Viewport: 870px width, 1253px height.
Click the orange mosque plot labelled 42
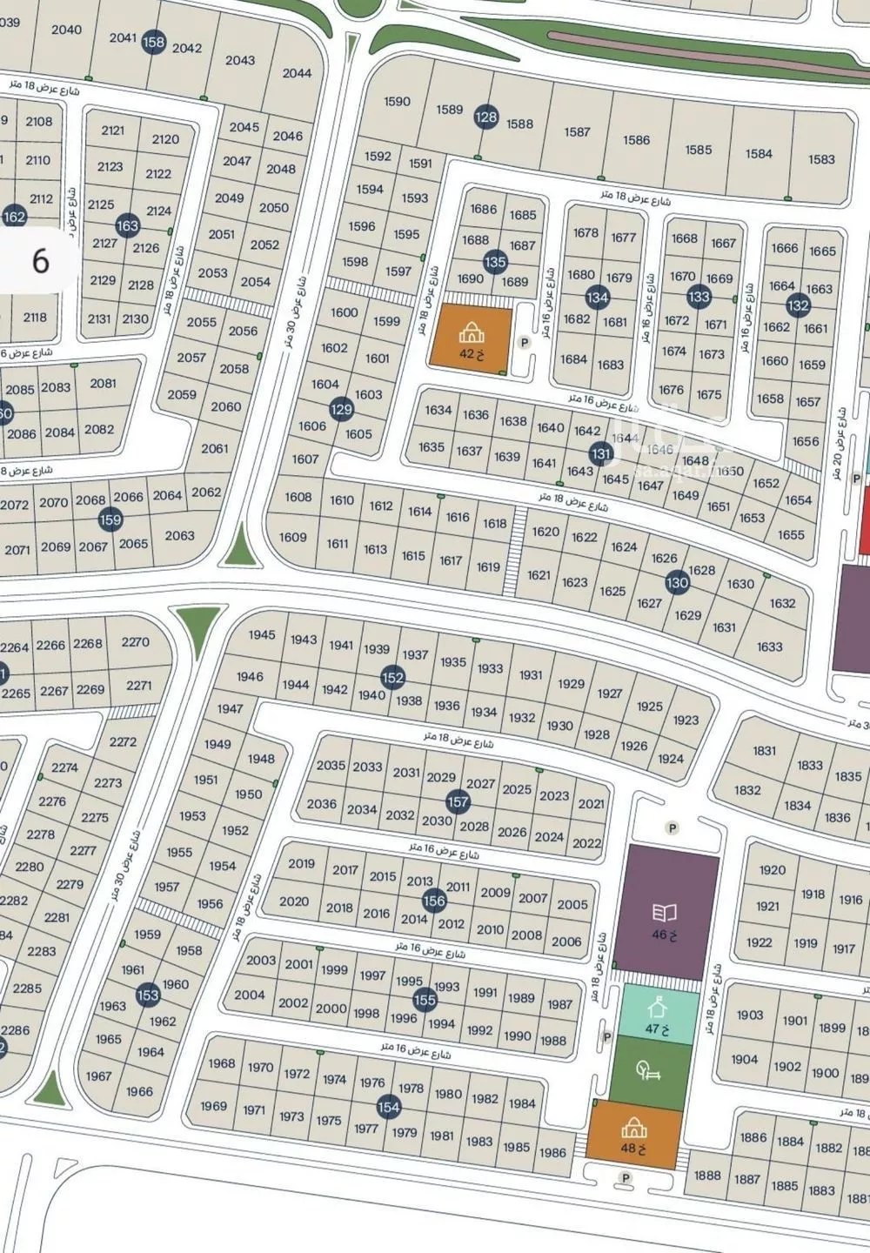click(x=470, y=338)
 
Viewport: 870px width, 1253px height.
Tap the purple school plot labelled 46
click(x=666, y=914)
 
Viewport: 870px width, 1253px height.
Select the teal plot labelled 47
click(x=658, y=1017)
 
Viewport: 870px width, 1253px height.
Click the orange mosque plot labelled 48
click(x=633, y=1136)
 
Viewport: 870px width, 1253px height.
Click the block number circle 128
click(x=486, y=117)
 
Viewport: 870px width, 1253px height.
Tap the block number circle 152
click(x=393, y=678)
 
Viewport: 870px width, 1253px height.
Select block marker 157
click(x=458, y=801)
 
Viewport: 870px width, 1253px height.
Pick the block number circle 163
click(x=128, y=226)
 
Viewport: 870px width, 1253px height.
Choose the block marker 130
click(x=677, y=583)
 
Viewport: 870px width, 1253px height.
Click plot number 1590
click(x=397, y=102)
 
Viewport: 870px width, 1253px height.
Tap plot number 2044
click(x=297, y=73)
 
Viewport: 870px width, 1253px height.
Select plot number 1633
click(x=769, y=647)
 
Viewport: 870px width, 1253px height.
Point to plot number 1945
click(x=261, y=634)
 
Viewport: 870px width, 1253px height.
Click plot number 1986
click(x=552, y=1152)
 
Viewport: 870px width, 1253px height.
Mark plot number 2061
click(x=214, y=448)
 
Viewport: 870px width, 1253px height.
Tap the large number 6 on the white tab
click(x=40, y=261)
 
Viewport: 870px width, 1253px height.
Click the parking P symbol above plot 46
click(x=672, y=828)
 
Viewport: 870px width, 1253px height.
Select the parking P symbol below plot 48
click(x=624, y=1178)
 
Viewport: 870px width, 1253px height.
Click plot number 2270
click(x=136, y=642)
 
